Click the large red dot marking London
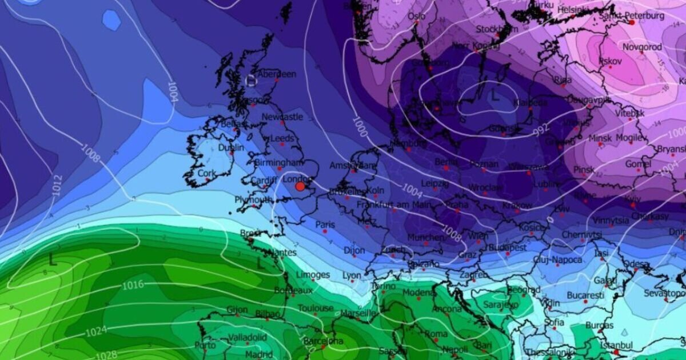click(x=300, y=186)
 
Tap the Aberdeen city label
click(x=277, y=74)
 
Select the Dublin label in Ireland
click(x=231, y=147)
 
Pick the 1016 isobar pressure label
click(x=132, y=285)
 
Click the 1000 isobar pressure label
click(x=360, y=124)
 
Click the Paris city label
click(x=325, y=225)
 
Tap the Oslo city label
click(x=416, y=17)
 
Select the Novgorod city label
click(x=642, y=47)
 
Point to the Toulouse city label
click(x=315, y=308)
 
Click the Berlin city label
click(x=446, y=162)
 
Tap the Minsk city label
click(x=600, y=138)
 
